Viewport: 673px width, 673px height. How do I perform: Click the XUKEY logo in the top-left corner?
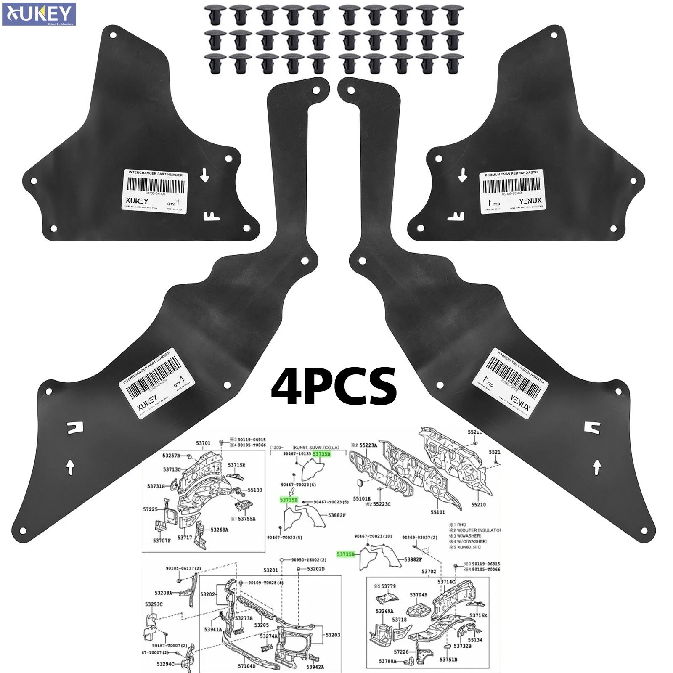click(x=39, y=14)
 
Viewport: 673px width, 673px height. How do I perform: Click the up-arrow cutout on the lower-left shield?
click(x=71, y=466)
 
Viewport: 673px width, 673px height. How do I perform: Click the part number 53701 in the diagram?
click(x=203, y=443)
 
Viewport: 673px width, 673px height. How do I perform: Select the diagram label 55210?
click(x=478, y=504)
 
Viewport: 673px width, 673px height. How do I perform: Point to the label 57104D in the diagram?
click(x=246, y=666)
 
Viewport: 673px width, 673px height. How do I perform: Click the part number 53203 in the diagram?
click(x=333, y=635)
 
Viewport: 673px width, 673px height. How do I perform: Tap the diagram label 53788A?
click(x=387, y=661)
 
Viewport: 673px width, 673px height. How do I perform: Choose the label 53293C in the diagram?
click(x=154, y=604)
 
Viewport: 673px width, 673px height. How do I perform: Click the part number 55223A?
click(x=368, y=445)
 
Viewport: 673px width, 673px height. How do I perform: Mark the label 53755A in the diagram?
click(x=246, y=519)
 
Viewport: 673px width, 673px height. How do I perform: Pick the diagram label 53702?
click(x=429, y=572)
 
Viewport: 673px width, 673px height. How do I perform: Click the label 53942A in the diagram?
click(x=315, y=666)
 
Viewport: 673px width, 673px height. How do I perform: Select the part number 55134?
click(x=475, y=640)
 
